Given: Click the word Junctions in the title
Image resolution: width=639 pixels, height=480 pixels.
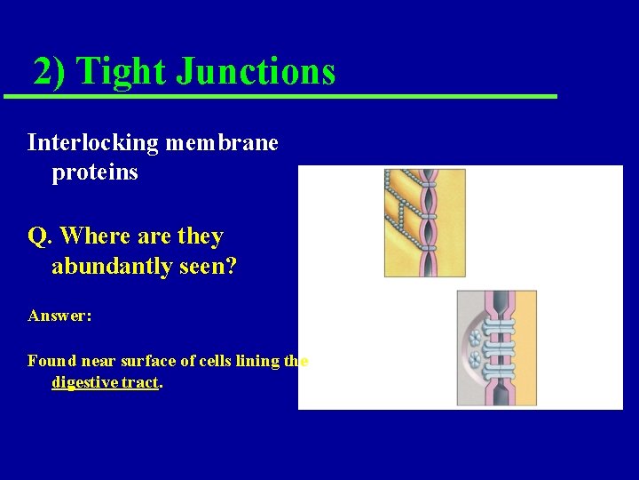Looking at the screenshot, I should point(256,71).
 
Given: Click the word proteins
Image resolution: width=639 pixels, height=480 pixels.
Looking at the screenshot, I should point(95,172).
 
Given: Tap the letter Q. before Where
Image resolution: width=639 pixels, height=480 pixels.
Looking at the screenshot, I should point(41,237).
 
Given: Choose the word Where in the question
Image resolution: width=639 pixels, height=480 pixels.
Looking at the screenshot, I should point(93,237).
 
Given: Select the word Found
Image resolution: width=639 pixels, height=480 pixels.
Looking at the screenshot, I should point(51,361).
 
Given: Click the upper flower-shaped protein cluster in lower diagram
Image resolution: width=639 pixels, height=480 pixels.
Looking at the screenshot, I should point(474,338).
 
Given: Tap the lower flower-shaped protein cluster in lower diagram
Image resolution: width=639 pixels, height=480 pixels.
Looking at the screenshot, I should point(474,359).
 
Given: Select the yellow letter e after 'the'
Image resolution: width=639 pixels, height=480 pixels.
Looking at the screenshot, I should point(304,362).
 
